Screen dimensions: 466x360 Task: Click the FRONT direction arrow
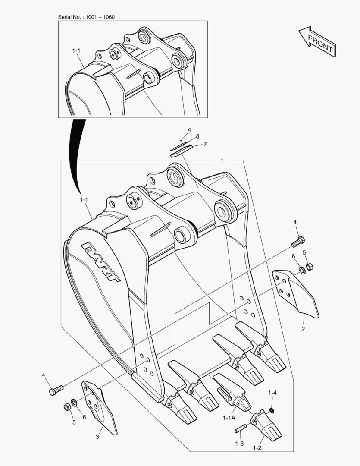[317, 41]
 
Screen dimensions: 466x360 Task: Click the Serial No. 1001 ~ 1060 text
[86, 17]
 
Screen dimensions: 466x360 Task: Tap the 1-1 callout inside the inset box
[76, 51]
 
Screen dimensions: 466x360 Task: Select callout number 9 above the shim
[189, 130]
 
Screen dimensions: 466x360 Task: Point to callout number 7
[205, 144]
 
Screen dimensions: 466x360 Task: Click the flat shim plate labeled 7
[180, 151]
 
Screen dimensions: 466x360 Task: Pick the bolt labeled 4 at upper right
[298, 242]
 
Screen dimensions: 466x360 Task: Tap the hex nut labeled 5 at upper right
[309, 266]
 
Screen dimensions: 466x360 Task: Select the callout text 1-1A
[229, 418]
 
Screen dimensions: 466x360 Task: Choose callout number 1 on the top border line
[222, 161]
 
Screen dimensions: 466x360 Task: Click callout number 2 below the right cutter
[303, 329]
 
